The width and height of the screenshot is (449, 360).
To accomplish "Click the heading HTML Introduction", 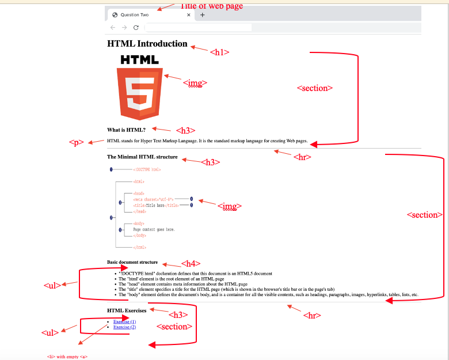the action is (x=147, y=44).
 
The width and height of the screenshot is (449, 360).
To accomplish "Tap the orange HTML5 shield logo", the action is (x=139, y=93).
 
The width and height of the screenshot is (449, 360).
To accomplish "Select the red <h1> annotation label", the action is (x=219, y=52).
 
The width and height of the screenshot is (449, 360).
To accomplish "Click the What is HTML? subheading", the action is (x=126, y=130).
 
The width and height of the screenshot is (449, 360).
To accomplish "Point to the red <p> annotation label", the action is (x=77, y=142).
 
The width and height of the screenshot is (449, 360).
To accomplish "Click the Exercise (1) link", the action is (x=124, y=321).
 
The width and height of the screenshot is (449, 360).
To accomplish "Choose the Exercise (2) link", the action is (x=124, y=327).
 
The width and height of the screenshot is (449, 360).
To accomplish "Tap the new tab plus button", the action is (x=202, y=15).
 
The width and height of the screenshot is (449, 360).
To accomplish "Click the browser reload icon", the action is (x=136, y=27).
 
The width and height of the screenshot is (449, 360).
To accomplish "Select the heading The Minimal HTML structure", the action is (x=142, y=157).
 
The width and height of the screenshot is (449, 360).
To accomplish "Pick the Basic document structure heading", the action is (x=132, y=262).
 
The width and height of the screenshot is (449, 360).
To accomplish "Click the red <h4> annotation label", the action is (x=191, y=264).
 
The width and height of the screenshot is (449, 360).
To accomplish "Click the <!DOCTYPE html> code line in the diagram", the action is (x=147, y=169).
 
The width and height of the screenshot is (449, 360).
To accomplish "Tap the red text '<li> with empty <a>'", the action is (x=67, y=357).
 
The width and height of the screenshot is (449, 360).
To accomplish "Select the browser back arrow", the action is (x=113, y=27).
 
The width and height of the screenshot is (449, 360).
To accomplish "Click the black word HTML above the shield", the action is (x=139, y=59).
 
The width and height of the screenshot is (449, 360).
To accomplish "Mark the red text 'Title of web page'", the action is (x=212, y=6).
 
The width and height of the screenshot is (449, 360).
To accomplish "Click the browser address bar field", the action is (x=198, y=27).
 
